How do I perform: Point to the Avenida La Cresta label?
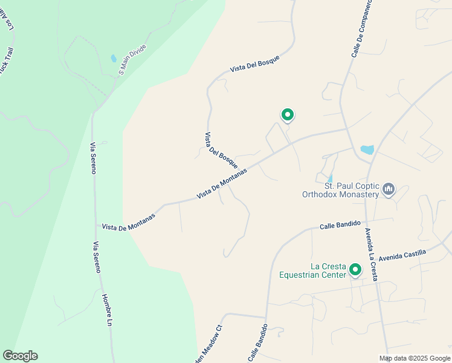(x=372, y=253)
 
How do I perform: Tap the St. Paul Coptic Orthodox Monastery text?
(x=343, y=190)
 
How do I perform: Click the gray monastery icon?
(x=389, y=191)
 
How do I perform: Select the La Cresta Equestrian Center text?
(x=313, y=270)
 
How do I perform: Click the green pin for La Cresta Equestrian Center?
(x=356, y=270)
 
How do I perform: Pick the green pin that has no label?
(x=288, y=114)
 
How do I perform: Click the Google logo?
(x=20, y=356)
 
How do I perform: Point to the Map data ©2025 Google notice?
(x=415, y=358)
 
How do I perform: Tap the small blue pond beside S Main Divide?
(x=113, y=59)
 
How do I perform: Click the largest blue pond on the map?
(x=367, y=149)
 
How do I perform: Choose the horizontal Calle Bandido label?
(x=340, y=225)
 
